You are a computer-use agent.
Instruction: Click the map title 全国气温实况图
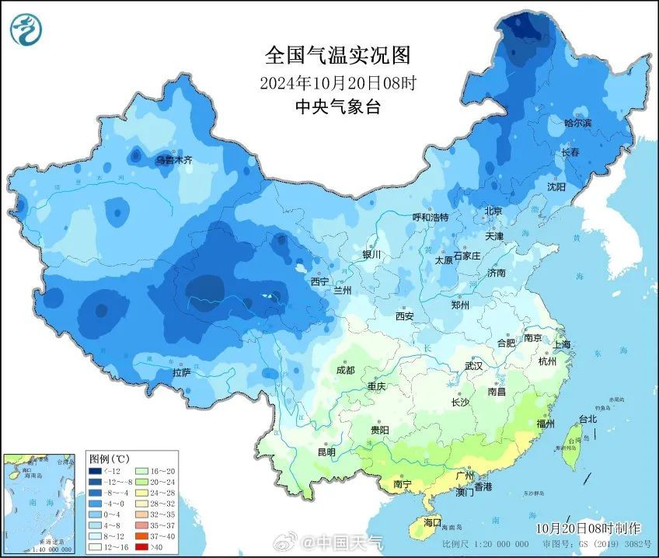[336, 55]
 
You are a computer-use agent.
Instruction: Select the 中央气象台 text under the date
[337, 107]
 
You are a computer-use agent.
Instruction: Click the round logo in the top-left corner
[26, 29]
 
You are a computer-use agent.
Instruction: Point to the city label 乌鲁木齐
[173, 160]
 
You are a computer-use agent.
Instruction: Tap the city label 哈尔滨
[577, 123]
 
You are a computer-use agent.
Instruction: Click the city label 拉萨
[182, 374]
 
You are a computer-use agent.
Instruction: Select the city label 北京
[493, 211]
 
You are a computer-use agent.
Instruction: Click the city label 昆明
[326, 452]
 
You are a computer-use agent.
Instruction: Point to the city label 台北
[587, 419]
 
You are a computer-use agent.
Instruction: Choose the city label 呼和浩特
[430, 217]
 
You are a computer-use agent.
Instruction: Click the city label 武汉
[473, 365]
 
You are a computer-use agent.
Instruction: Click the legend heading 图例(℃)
[110, 459]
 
